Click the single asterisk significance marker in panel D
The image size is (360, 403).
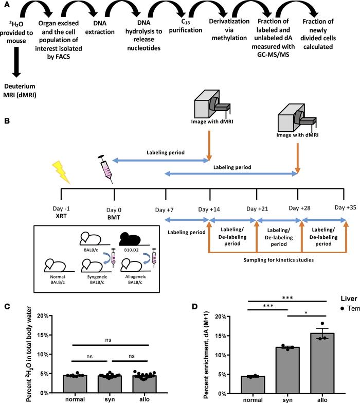pyautogui.click(x=291, y=325)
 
